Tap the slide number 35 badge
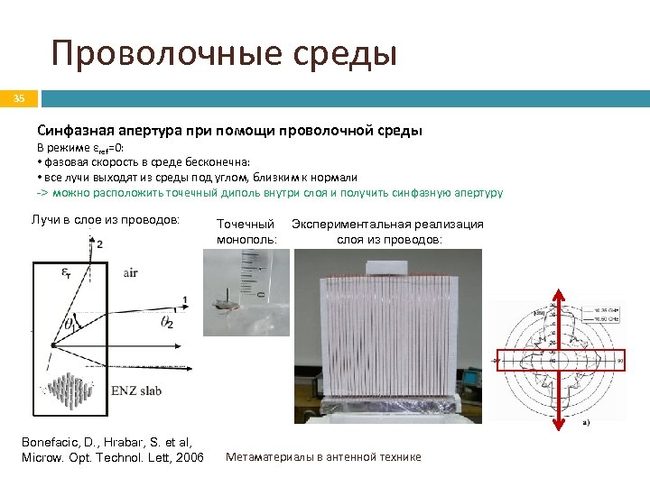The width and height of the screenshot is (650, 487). (20, 98)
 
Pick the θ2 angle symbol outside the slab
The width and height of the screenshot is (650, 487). (167, 323)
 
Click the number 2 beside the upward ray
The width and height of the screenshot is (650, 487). (99, 243)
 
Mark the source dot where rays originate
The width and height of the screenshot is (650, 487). (54, 345)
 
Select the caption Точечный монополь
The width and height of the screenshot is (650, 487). (246, 232)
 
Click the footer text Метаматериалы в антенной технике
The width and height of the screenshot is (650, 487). (322, 457)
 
